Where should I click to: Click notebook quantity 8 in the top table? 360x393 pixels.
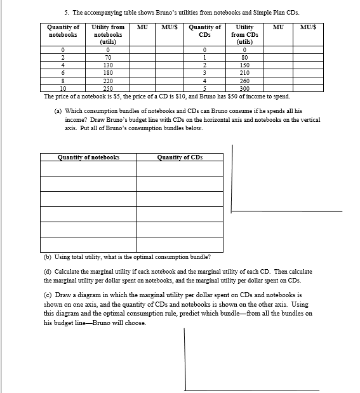click(63, 81)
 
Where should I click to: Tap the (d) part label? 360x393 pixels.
click(48, 271)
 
